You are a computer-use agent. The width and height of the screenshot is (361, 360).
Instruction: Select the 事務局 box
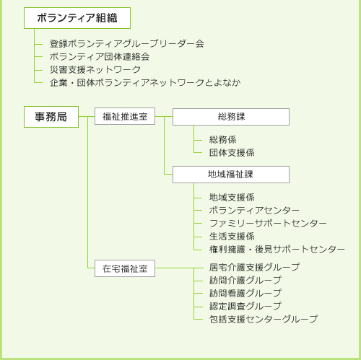(x=51, y=116)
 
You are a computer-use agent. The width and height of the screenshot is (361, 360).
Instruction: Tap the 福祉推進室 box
(x=125, y=116)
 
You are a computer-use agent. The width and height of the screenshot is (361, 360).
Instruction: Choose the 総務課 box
(x=230, y=117)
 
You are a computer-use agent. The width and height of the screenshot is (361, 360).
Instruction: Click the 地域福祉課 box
(x=230, y=175)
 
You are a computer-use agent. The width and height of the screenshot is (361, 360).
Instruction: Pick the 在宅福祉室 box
(x=125, y=268)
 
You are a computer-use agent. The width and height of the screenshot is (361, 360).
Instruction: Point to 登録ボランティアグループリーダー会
(x=126, y=44)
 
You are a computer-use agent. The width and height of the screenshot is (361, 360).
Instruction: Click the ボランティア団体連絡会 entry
(x=100, y=57)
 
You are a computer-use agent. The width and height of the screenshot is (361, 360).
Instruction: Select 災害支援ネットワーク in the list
(x=95, y=70)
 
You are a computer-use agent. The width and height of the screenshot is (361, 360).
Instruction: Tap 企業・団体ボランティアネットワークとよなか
(x=145, y=83)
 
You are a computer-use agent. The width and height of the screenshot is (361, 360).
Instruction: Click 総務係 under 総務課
(x=223, y=140)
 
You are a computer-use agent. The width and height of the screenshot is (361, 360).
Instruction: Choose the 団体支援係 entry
(x=232, y=153)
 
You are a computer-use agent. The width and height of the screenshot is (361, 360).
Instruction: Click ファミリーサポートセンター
(x=268, y=224)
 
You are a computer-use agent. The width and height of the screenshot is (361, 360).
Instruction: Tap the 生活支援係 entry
(x=232, y=237)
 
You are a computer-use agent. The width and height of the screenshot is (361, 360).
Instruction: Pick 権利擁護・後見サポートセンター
(x=277, y=250)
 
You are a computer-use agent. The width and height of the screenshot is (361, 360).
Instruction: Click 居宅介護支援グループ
(x=254, y=268)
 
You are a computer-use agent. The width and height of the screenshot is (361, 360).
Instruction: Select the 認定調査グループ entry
(x=245, y=307)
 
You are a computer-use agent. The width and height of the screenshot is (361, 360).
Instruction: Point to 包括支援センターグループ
(x=263, y=320)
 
